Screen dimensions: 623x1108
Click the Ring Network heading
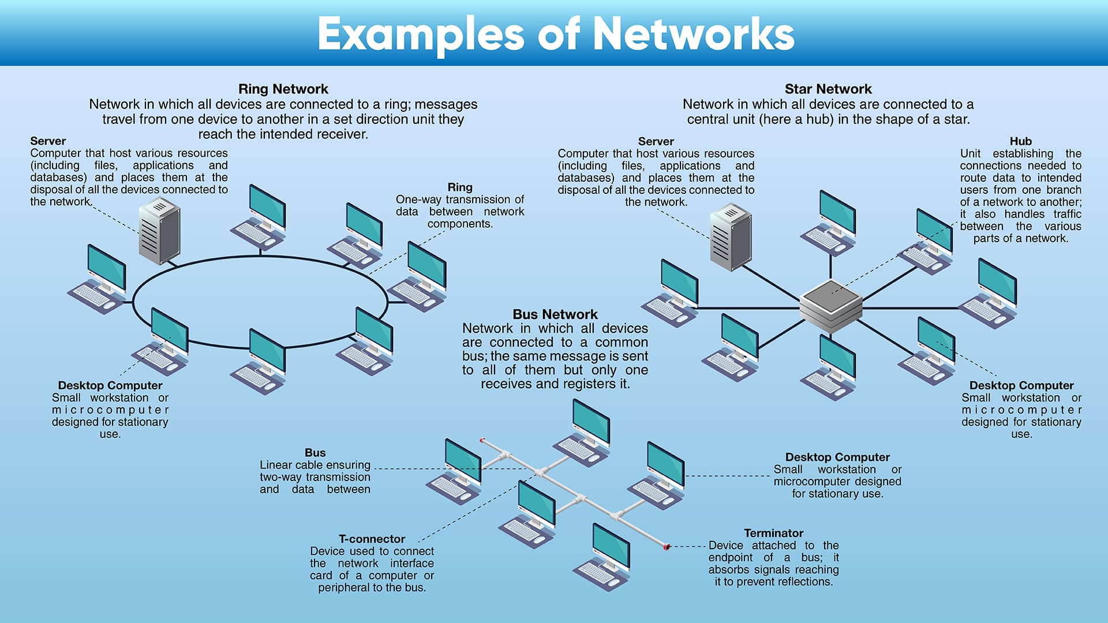(283, 89)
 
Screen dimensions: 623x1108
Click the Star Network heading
(828, 89)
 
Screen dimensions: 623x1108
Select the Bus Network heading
(555, 314)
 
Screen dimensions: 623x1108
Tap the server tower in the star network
(731, 237)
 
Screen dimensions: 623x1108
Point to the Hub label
(1020, 141)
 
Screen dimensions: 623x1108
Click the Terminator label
(773, 533)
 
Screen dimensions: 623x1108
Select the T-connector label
(372, 539)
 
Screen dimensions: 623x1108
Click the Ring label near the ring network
(459, 187)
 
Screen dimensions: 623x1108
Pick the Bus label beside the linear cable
(315, 453)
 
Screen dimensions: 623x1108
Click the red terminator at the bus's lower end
(667, 546)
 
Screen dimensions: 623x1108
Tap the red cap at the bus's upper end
(482, 440)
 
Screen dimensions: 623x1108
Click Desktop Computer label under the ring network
(110, 385)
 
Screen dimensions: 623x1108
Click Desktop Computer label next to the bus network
(837, 457)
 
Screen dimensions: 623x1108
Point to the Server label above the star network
(656, 141)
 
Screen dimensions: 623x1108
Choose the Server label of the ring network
(48, 141)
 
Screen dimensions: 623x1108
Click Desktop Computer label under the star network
(1021, 385)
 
